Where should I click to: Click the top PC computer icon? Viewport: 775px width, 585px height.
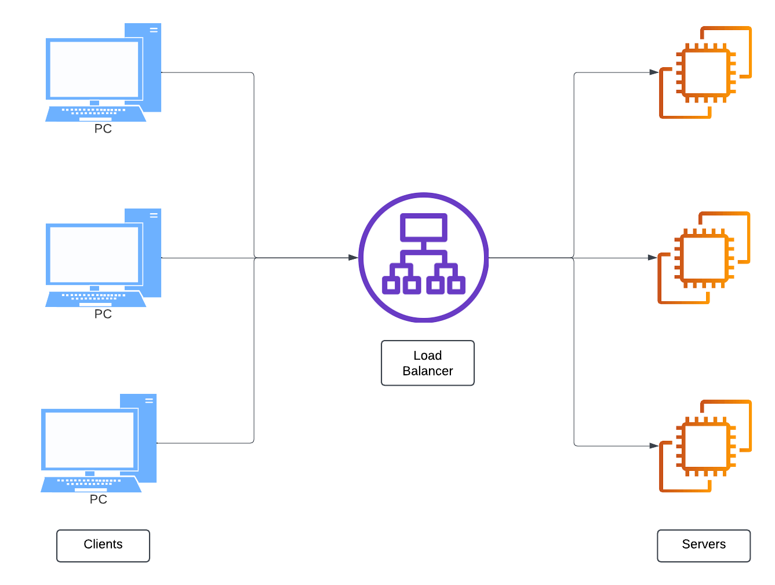click(x=103, y=72)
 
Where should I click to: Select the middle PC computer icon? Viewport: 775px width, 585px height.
click(x=103, y=258)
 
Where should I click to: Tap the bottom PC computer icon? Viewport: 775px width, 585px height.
click(x=98, y=443)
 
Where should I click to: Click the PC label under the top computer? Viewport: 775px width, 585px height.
click(x=103, y=129)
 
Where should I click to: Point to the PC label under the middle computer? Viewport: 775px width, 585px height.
click(x=103, y=314)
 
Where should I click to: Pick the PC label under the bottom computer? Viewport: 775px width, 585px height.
click(x=98, y=499)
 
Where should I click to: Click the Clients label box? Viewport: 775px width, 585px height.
click(x=103, y=545)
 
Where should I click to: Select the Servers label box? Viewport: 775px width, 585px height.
click(x=704, y=545)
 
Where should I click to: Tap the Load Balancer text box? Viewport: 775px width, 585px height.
click(x=428, y=363)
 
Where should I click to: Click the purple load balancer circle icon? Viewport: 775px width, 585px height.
click(x=424, y=258)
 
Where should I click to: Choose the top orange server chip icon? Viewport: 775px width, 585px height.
click(x=705, y=73)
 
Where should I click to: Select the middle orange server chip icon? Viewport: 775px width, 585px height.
click(x=704, y=258)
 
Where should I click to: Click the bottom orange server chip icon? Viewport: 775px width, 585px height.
click(x=705, y=446)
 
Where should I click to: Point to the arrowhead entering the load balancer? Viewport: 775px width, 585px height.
click(x=353, y=258)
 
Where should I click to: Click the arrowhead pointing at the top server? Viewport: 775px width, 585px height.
click(x=654, y=72)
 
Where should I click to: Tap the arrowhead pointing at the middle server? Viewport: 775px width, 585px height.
click(x=652, y=258)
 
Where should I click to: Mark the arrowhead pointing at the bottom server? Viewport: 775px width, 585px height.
click(x=654, y=446)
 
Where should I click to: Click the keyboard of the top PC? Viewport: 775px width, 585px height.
click(x=95, y=113)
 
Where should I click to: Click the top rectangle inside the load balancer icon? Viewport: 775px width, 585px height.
click(x=424, y=227)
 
